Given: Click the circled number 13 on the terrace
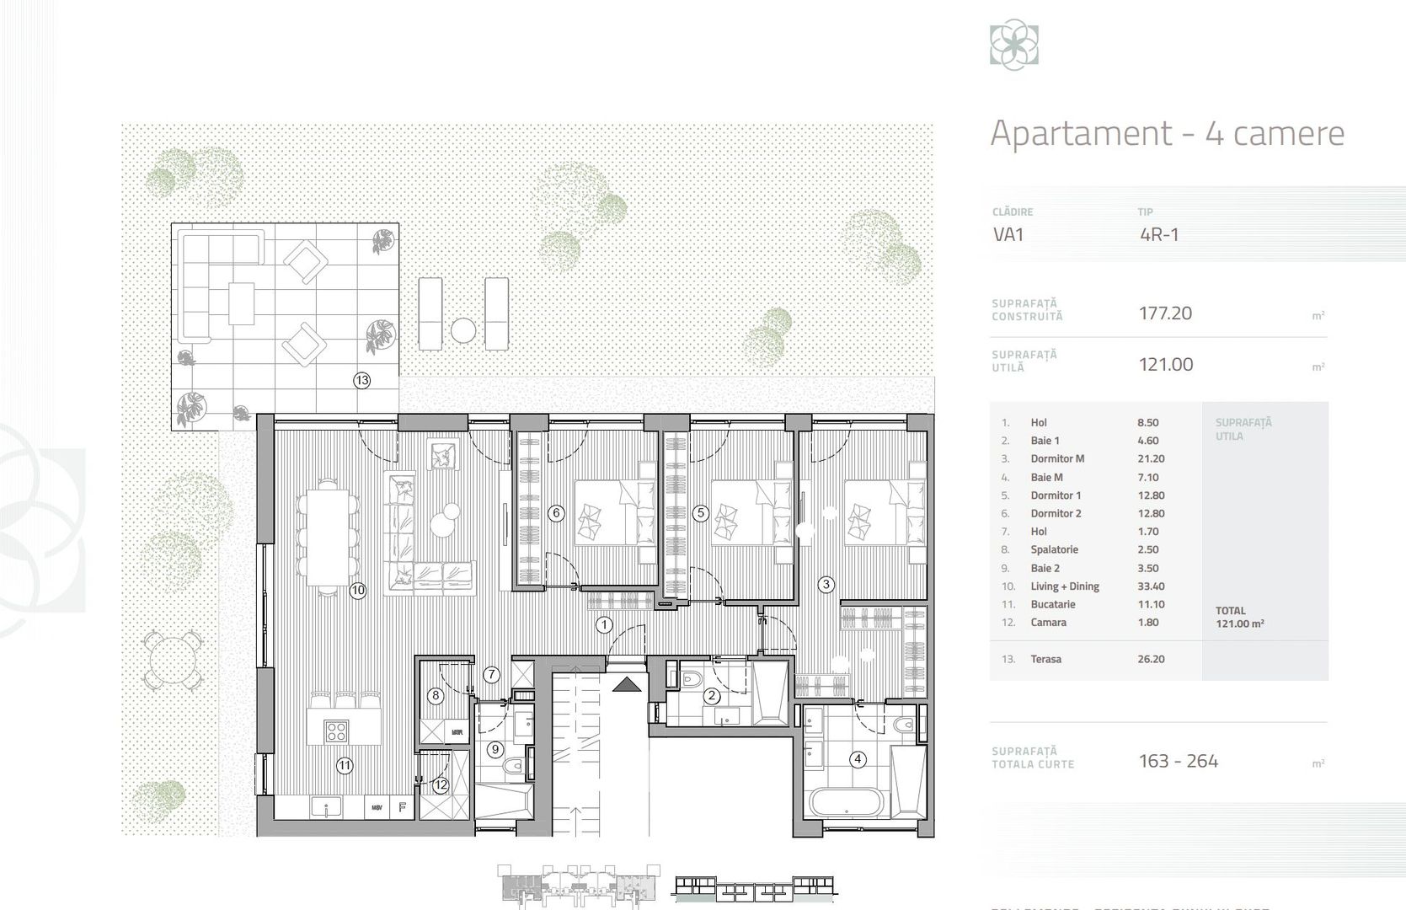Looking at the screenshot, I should [361, 380].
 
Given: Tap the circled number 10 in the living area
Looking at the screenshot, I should [358, 590].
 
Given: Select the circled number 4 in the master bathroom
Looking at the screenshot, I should [858, 759].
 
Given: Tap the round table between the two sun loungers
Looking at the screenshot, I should [463, 330].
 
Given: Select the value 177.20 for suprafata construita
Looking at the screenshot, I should [1165, 313].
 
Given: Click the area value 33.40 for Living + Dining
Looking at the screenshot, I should [1151, 586].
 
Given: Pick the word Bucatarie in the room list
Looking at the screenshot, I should [1052, 604].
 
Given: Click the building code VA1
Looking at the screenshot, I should [1008, 234].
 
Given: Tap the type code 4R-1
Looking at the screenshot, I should [1159, 234].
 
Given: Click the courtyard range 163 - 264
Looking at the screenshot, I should [1178, 761].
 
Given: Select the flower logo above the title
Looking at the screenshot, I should [1013, 46].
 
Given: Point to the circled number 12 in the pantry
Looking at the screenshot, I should [441, 784].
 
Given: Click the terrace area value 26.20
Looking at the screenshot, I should [1151, 659].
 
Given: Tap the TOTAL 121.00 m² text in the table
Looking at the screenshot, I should [1239, 618].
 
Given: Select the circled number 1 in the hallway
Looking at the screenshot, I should [604, 624].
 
